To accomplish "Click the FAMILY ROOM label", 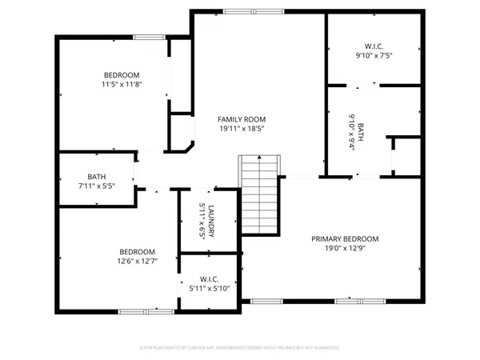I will pyautogui.click(x=241, y=118).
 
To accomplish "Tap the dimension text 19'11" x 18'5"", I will pyautogui.click(x=241, y=128).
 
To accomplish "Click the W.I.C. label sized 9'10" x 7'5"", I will pyautogui.click(x=374, y=46).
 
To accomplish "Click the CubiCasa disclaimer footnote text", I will pyautogui.click(x=240, y=348).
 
